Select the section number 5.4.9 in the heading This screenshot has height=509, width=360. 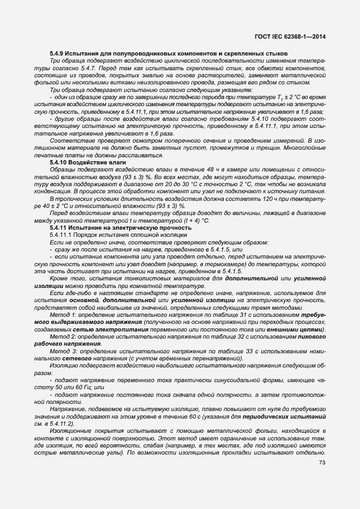[57, 53]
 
